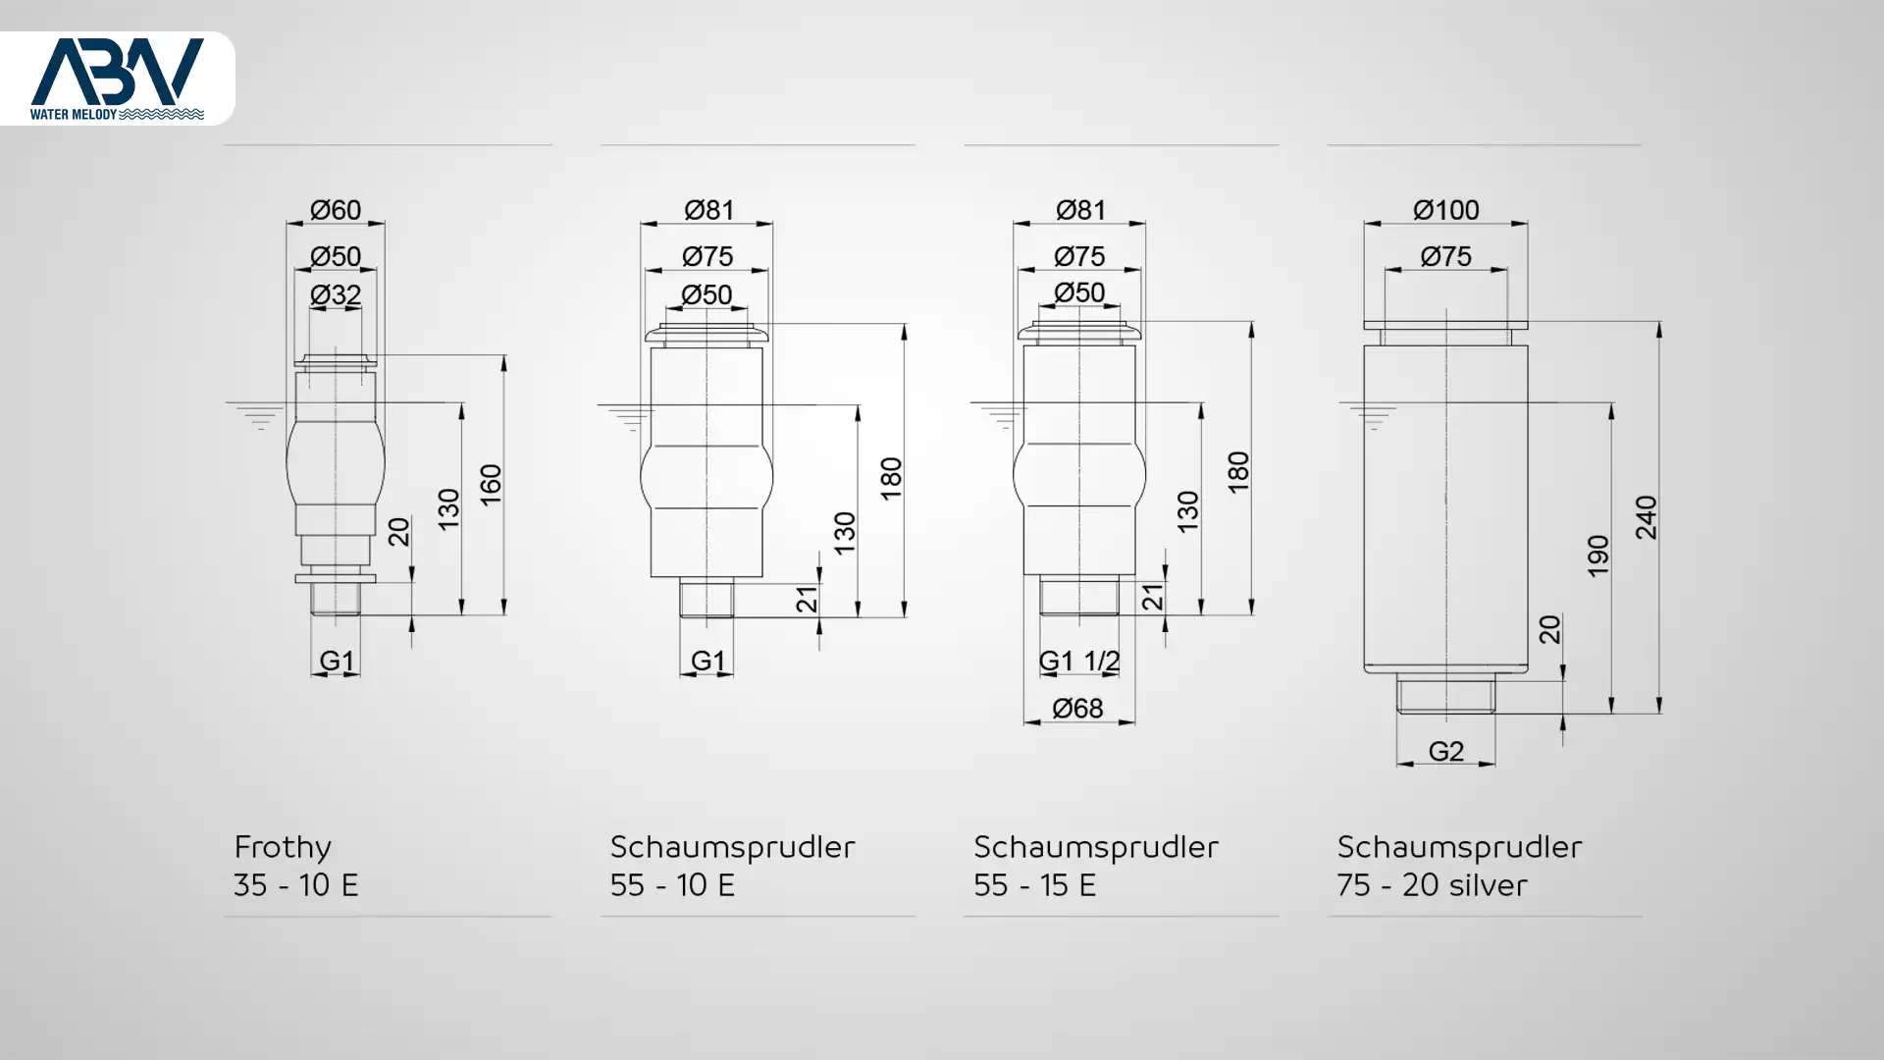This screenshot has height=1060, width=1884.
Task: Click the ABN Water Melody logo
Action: pos(117,79)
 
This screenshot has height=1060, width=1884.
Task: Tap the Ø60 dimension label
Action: pos(336,210)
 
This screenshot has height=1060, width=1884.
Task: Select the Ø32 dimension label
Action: pos(336,294)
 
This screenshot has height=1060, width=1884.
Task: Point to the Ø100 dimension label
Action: pos(1445,210)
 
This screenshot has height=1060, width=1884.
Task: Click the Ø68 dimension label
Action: pos(1077,708)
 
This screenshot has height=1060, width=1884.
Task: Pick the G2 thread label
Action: pos(1445,751)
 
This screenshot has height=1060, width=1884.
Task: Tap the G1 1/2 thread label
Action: pos(1079,662)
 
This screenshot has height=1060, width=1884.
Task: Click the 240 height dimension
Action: pos(1646,517)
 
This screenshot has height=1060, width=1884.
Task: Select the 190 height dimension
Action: pos(1598,556)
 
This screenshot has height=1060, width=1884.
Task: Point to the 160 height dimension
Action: pos(490,485)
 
